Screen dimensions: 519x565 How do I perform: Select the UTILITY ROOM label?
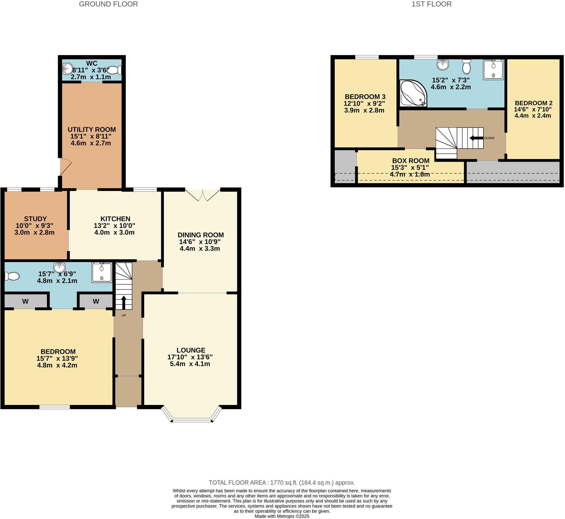click(x=92, y=130)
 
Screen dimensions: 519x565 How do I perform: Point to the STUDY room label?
click(x=35, y=219)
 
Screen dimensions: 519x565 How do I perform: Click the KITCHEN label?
click(x=115, y=219)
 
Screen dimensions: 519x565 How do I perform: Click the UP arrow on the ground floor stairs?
click(x=124, y=302)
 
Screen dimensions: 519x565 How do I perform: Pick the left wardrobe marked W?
click(x=25, y=301)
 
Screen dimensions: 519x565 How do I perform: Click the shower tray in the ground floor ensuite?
click(x=102, y=272)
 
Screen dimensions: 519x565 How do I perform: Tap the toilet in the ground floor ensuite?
click(x=12, y=277)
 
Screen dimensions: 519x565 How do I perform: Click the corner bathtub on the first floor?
click(x=413, y=93)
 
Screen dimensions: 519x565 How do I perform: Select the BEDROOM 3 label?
click(x=365, y=97)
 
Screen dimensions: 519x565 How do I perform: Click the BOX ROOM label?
click(x=411, y=161)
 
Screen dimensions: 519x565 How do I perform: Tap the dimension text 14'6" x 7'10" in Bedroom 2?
click(x=533, y=109)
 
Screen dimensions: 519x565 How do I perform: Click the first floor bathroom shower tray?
click(x=493, y=69)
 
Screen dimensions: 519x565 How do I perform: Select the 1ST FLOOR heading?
click(x=432, y=4)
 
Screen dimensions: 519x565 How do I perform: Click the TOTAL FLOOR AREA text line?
click(x=282, y=482)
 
